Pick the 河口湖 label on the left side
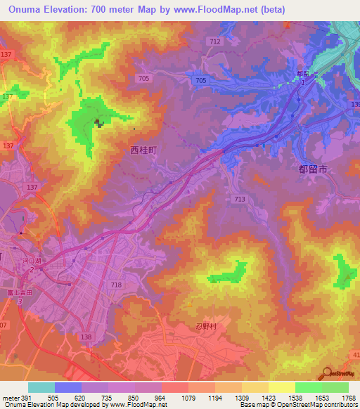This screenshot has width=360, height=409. [x=32, y=261]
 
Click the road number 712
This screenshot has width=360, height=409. [x=215, y=41]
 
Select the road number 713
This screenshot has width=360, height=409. [x=240, y=200]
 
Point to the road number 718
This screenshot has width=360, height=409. [x=116, y=285]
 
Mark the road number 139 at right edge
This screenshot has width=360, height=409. [x=355, y=104]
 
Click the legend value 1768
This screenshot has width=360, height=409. [x=347, y=398]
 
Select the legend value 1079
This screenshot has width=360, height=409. [x=188, y=398]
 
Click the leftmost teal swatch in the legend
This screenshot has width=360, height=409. [x=41, y=387]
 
